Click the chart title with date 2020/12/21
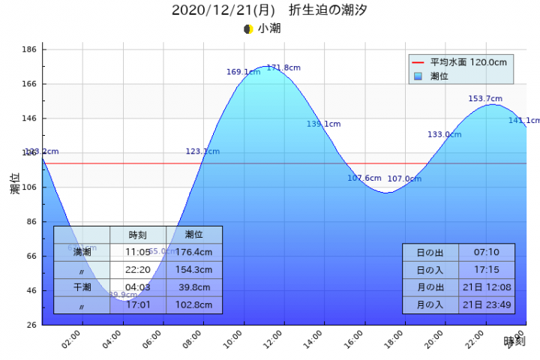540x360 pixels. tap(269, 10)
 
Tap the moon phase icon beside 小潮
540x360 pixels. tap(248, 29)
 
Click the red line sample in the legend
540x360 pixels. tap(418, 62)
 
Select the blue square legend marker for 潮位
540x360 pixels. tap(418, 76)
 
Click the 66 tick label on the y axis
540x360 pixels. tap(32, 256)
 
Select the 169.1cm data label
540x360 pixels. tap(243, 72)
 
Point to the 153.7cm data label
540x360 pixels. tap(485, 98)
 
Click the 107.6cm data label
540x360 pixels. tap(364, 178)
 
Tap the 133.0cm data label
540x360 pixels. tap(444, 134)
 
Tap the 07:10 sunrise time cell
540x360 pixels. tap(486, 252)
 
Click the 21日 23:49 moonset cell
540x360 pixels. tap(486, 304)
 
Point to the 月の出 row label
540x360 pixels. tap(430, 287)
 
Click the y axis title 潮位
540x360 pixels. tap(15, 184)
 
